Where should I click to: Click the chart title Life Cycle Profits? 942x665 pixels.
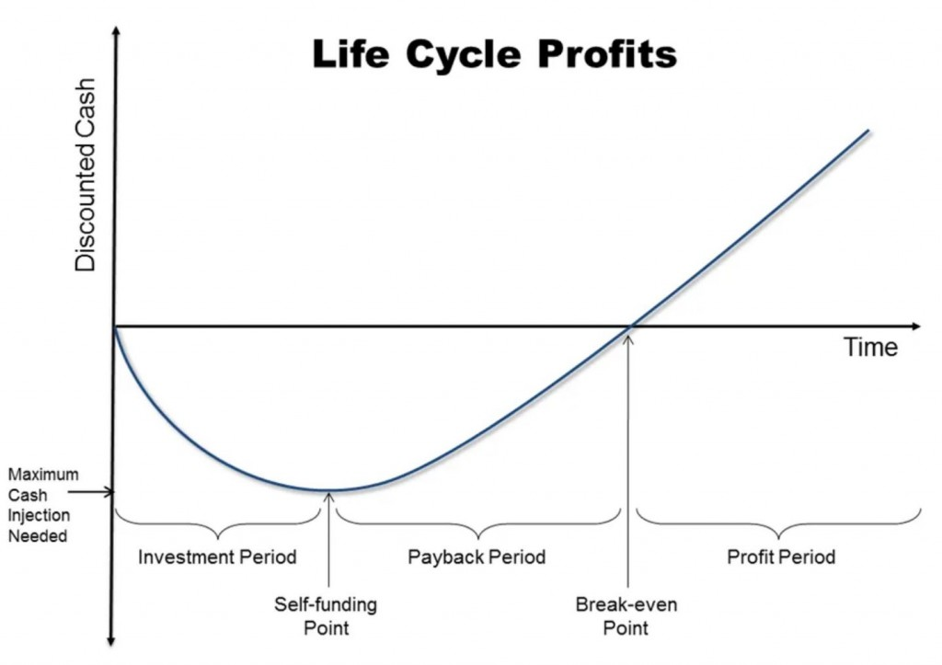coord(494,54)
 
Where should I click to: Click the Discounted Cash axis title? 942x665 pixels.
coord(86,175)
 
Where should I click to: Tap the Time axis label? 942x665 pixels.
coord(870,348)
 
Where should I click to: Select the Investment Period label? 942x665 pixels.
coord(217,556)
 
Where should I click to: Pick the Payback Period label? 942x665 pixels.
coord(477,556)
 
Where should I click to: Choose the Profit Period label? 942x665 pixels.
coord(781,556)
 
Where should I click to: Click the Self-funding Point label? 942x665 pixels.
coord(326,615)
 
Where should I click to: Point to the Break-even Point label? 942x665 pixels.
coord(626,615)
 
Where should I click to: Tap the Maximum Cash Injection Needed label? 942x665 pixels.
coord(43,505)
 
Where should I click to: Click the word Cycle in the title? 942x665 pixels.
coord(463,54)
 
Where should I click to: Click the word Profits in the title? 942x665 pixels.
coord(607,54)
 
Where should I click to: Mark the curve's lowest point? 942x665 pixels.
coord(328,491)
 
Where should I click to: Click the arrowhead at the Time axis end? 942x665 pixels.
coord(915,327)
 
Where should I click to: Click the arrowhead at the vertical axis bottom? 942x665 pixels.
coord(111,640)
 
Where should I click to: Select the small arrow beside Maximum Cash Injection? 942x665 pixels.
coord(90,493)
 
